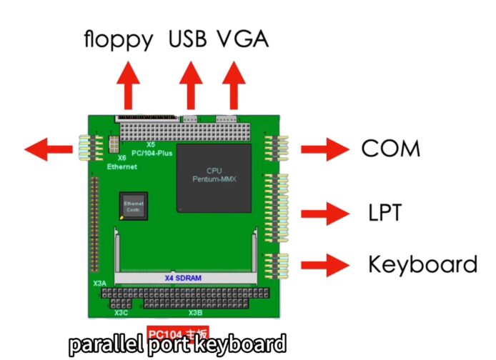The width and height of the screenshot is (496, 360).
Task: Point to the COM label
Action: pyautogui.click(x=390, y=149)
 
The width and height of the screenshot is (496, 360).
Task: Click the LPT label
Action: pyautogui.click(x=385, y=212)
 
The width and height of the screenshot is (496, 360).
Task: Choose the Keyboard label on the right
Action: pyautogui.click(x=422, y=264)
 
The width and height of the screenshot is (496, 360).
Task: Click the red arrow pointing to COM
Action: pyautogui.click(x=324, y=149)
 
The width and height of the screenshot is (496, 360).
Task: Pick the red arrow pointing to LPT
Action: pyautogui.click(x=324, y=213)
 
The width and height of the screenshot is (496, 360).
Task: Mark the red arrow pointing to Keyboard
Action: pyautogui.click(x=324, y=265)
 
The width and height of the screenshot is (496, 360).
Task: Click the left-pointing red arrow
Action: pyautogui.click(x=49, y=150)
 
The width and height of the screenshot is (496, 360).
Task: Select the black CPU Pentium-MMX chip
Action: pyautogui.click(x=214, y=176)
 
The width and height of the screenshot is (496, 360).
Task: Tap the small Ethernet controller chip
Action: pyautogui.click(x=134, y=206)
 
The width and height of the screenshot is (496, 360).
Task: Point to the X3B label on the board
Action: pyautogui.click(x=196, y=313)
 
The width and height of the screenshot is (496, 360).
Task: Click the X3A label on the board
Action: pyautogui.click(x=100, y=284)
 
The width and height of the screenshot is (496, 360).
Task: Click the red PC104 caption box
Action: pyautogui.click(x=179, y=333)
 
